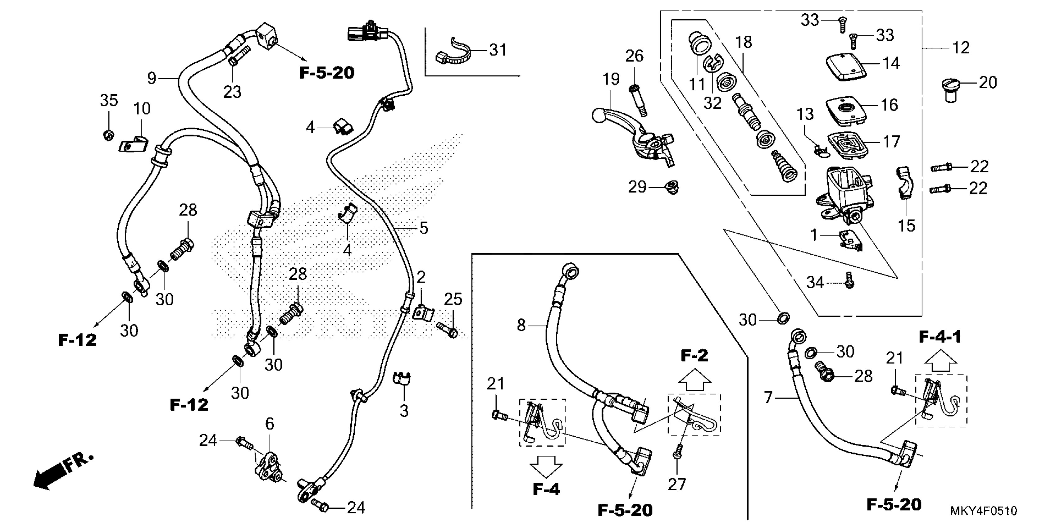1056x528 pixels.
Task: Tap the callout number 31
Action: click(x=498, y=50)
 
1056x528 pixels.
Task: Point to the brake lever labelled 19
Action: click(x=631, y=127)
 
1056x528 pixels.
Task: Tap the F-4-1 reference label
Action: click(x=940, y=337)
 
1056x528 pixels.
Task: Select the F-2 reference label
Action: click(x=694, y=355)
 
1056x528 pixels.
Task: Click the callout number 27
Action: click(x=677, y=484)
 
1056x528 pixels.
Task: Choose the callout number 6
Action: click(x=269, y=424)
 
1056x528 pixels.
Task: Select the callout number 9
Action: click(x=152, y=78)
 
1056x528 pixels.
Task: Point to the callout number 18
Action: click(x=744, y=42)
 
